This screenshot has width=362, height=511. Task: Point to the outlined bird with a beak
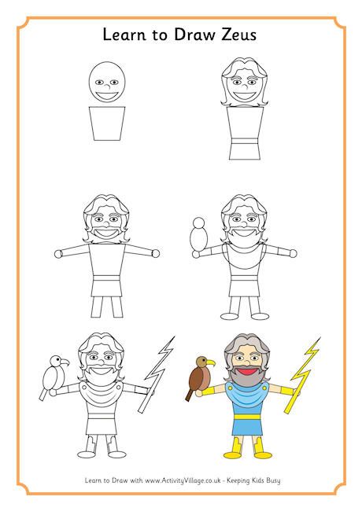click(x=54, y=376)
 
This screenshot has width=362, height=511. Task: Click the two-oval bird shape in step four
click(x=199, y=235)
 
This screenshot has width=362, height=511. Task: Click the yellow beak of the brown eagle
click(x=212, y=363)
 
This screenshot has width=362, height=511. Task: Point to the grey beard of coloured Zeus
click(x=246, y=380)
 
